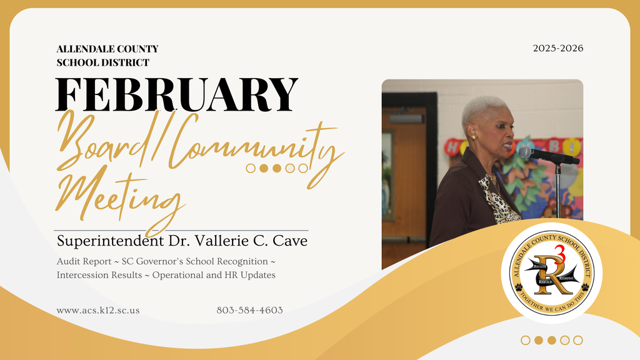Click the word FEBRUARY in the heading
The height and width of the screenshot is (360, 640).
click(177, 95)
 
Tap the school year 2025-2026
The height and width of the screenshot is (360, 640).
click(558, 48)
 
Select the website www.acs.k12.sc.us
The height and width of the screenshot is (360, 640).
click(97, 310)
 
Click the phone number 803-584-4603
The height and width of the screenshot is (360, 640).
click(249, 310)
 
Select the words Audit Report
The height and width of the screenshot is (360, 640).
click(84, 261)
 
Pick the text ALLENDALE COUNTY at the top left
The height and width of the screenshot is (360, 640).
click(107, 49)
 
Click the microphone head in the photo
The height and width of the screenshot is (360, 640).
click(526, 152)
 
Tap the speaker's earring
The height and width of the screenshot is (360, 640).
click(473, 137)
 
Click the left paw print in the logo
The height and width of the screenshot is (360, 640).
click(519, 287)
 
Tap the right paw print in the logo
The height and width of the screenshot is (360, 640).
click(585, 287)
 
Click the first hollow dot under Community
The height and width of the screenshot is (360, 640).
click(251, 167)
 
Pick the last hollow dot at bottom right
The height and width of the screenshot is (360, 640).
click(578, 340)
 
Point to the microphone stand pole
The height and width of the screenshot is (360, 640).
click(558, 187)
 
